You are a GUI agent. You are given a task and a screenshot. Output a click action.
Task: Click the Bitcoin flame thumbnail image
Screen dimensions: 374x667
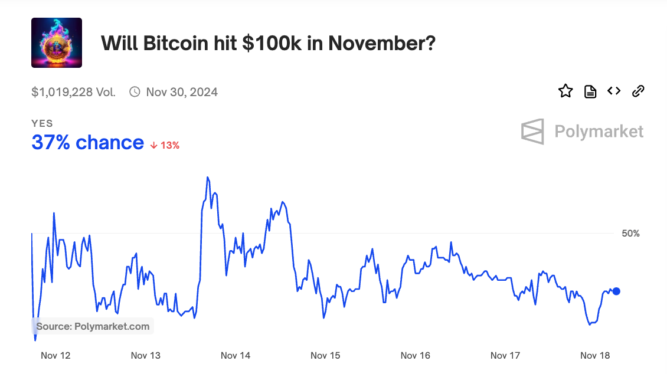57,42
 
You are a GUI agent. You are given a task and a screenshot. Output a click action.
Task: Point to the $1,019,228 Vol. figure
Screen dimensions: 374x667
74,92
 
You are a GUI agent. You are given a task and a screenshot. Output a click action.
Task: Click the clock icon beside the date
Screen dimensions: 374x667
135,92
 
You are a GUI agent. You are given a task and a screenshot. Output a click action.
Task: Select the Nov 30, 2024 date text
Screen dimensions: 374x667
182,92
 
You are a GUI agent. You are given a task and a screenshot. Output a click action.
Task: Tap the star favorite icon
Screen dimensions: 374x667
565,91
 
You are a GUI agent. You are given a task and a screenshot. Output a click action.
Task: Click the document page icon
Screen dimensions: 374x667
590,91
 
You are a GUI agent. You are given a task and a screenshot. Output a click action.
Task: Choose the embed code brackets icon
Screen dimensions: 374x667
614,91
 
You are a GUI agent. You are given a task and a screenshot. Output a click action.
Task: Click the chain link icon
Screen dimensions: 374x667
638,91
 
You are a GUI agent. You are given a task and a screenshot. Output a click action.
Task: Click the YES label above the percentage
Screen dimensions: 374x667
42,123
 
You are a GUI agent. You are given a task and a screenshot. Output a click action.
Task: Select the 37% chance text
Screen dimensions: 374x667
87,143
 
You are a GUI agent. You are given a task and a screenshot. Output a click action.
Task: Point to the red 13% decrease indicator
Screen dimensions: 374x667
165,145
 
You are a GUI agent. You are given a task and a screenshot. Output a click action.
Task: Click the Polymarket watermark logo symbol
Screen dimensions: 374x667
532,131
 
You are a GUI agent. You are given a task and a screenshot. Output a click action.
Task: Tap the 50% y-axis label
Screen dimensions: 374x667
630,234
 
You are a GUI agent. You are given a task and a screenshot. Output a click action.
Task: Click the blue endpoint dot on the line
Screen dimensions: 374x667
616,291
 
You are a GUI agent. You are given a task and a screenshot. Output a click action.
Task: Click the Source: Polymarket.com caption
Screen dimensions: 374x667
93,326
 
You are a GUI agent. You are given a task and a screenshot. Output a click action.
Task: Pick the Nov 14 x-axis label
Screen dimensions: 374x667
236,355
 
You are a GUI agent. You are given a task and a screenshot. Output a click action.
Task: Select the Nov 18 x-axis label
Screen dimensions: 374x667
595,355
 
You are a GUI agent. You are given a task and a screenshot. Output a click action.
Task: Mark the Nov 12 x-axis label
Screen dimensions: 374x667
55,355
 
